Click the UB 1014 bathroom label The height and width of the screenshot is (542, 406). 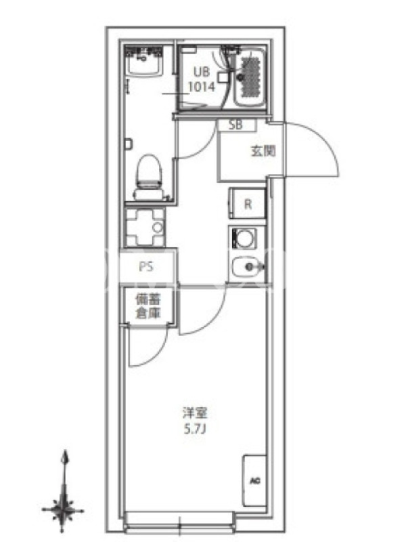(202, 79)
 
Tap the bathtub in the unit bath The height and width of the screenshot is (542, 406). (250, 77)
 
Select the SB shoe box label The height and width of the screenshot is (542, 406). (236, 125)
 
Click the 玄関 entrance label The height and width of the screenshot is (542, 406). (263, 150)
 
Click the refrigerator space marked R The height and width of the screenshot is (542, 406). (247, 203)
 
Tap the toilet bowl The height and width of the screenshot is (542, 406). (150, 177)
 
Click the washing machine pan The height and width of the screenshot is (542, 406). (145, 228)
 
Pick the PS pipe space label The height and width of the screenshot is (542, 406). (146, 266)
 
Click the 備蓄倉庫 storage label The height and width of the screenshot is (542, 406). (148, 306)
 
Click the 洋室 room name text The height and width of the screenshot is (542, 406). (195, 413)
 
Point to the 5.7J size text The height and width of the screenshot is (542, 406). (195, 430)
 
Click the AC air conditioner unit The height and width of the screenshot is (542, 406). (255, 481)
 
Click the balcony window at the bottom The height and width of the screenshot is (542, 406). (179, 521)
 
